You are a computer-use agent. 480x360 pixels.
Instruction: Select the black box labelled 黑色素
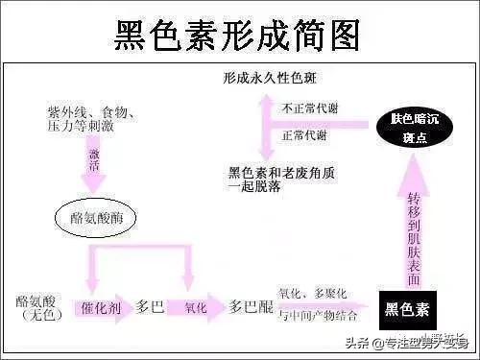pyautogui.click(x=407, y=308)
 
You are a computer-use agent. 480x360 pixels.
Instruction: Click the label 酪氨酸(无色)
pyautogui.click(x=36, y=307)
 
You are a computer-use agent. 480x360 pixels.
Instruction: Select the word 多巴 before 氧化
pyautogui.click(x=150, y=309)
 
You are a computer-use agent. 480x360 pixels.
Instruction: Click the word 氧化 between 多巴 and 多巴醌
pyautogui.click(x=195, y=309)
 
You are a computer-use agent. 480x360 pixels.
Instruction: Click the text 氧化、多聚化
pyautogui.click(x=312, y=293)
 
